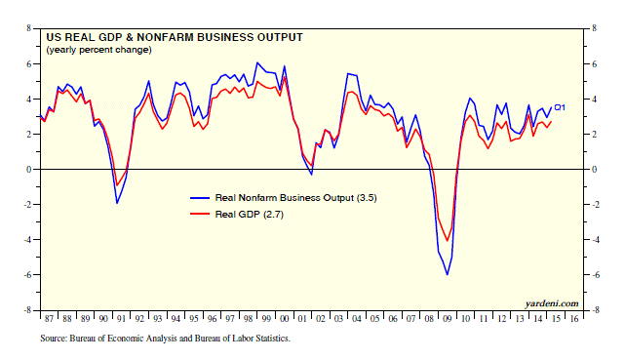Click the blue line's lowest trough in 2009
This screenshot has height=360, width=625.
click(x=448, y=274)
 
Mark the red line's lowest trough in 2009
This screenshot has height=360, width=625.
click(x=447, y=240)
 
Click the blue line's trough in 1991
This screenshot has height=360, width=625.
click(x=117, y=203)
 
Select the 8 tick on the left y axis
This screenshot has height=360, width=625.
click(x=28, y=28)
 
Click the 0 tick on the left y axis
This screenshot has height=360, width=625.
click(x=28, y=169)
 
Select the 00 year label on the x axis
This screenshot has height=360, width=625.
click(x=284, y=318)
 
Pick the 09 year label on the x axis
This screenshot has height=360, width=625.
click(x=448, y=318)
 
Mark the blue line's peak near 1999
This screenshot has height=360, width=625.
click(x=257, y=62)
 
